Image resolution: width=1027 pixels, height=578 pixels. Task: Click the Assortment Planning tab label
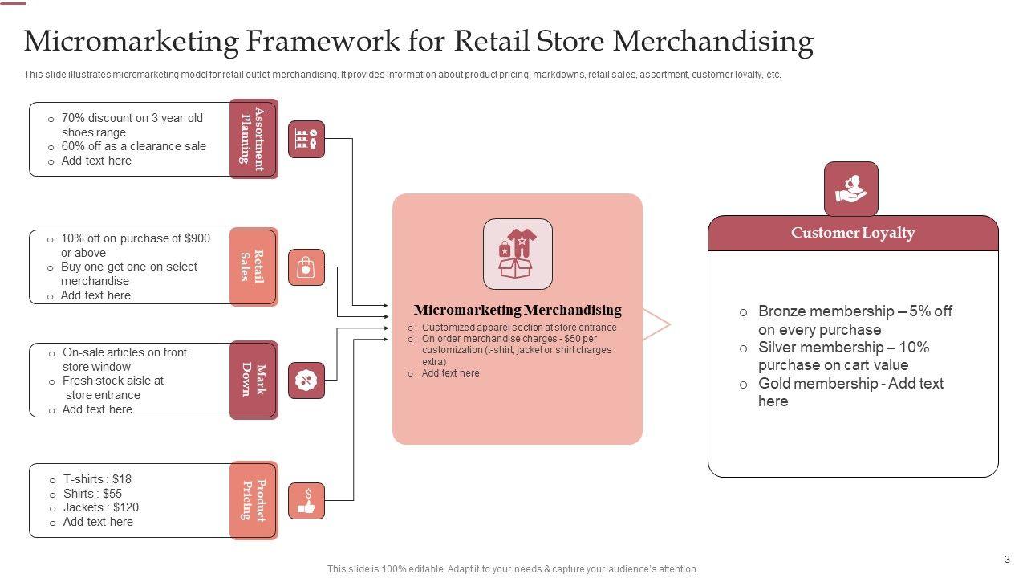253,138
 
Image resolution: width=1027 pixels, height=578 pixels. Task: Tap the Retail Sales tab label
253,267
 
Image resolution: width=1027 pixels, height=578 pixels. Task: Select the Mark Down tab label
253,380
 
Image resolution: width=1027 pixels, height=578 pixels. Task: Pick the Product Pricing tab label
253,500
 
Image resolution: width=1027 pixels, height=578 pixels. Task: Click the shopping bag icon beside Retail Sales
306,267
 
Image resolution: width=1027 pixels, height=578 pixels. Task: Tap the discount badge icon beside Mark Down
306,381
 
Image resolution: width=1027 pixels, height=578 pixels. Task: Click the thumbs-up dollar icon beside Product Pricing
306,500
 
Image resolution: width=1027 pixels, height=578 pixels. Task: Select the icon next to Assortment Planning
306,139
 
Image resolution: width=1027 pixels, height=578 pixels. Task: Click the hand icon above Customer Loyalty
851,189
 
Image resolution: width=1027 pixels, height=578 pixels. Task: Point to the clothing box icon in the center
518,254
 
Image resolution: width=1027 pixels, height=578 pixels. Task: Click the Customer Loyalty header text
853,233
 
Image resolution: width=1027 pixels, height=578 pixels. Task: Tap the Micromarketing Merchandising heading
518,310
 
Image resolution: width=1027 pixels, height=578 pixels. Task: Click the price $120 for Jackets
126,507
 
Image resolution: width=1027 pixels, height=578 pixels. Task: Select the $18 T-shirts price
121,479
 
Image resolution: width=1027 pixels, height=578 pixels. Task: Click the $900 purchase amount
197,238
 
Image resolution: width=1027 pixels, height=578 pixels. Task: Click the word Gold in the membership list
777,384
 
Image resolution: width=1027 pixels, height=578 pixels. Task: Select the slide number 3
1007,560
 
